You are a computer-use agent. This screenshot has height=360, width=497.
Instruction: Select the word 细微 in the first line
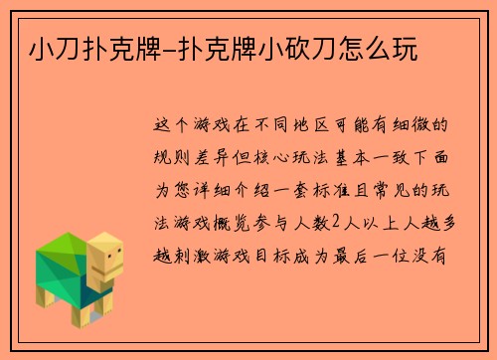click(x=430, y=126)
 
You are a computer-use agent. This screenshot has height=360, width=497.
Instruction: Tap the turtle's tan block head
click(x=105, y=254)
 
